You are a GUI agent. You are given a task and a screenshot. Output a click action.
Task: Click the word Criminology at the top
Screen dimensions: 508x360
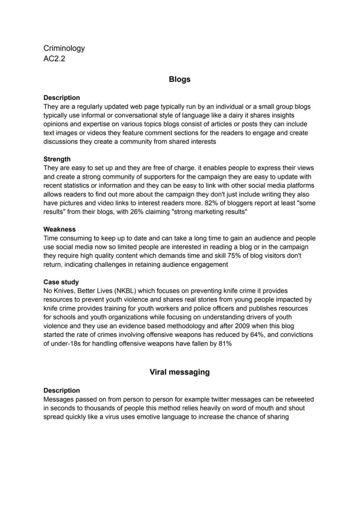pos(64,48)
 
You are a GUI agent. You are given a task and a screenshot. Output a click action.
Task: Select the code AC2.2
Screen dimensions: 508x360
pos(54,59)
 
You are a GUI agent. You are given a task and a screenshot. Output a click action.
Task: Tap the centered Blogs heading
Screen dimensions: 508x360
pos(180,80)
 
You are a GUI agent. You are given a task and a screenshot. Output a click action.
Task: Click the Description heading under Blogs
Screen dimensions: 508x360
pos(62,98)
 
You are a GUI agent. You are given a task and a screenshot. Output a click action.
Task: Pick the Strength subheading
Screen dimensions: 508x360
pos(57,159)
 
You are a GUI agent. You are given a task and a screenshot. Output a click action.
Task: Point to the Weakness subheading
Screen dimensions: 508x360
pos(60,229)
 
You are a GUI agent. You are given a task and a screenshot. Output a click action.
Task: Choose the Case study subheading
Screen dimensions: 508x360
pos(61,282)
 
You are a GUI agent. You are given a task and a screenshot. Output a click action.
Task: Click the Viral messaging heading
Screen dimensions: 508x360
pos(180,372)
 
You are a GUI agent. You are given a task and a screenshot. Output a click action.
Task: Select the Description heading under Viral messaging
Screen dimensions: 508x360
pos(62,390)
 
